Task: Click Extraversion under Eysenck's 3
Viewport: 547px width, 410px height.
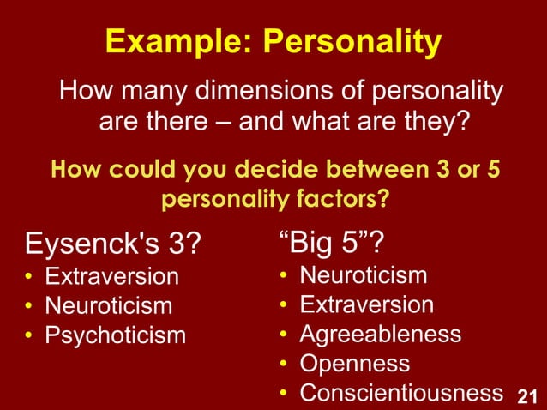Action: (x=111, y=277)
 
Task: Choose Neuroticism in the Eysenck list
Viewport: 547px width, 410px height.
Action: (x=108, y=305)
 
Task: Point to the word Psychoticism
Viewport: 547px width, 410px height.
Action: (x=115, y=335)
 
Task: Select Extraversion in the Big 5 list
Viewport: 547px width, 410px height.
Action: (x=366, y=304)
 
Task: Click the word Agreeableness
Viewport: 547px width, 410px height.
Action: (x=380, y=334)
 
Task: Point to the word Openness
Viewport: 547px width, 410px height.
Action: (x=354, y=363)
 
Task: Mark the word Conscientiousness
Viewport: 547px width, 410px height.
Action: (x=400, y=392)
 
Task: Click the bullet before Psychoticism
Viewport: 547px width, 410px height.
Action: (x=28, y=335)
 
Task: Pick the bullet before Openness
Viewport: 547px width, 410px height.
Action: (x=283, y=364)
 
